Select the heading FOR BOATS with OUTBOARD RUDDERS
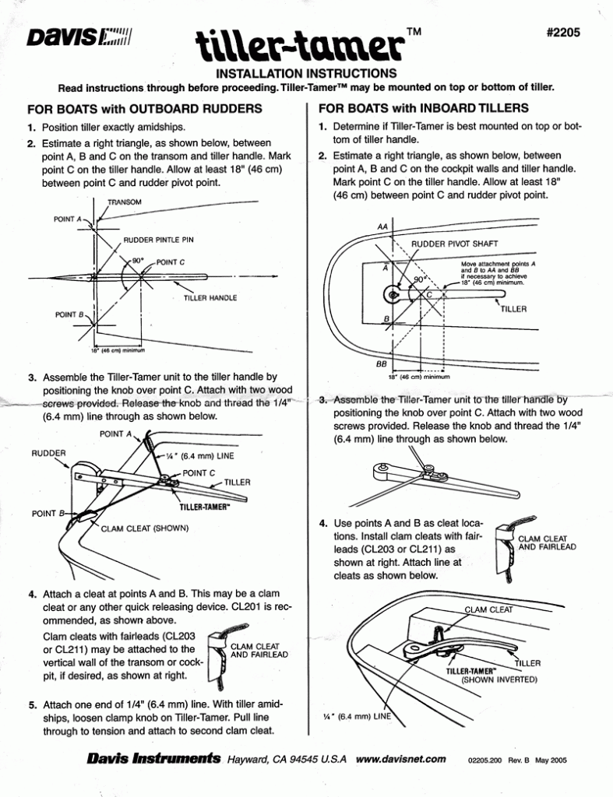(143, 108)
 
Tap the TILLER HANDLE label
(210, 298)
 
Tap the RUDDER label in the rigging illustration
(49, 451)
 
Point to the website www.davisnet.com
(400, 759)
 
